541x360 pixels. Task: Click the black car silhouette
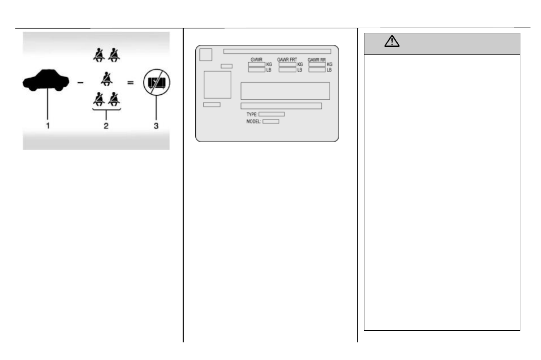(46, 80)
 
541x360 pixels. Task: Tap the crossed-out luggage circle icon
(156, 82)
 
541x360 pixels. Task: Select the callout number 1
(47, 126)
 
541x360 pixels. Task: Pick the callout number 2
(106, 126)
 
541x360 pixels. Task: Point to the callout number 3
(156, 126)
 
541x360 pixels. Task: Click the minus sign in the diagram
(80, 83)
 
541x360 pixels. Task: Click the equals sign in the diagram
(130, 83)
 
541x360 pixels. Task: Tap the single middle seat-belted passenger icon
(106, 79)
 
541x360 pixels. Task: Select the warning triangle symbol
(392, 41)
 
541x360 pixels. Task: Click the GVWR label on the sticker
(256, 59)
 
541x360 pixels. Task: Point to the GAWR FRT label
(287, 59)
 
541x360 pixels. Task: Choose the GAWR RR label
(317, 59)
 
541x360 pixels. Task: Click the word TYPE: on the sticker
(252, 114)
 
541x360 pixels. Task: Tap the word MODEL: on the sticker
(253, 122)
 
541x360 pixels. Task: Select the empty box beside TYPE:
(272, 114)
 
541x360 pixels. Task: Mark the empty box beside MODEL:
(271, 122)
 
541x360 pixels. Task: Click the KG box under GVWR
(257, 65)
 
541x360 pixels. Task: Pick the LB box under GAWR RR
(317, 70)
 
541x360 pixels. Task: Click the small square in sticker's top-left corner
(205, 54)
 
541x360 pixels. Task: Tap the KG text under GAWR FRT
(300, 65)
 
